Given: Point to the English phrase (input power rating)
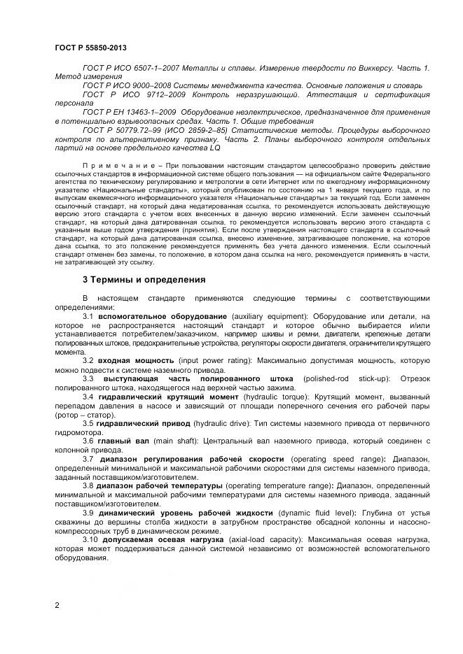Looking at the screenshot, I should [221, 361].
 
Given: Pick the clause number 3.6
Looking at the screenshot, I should [88, 441].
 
